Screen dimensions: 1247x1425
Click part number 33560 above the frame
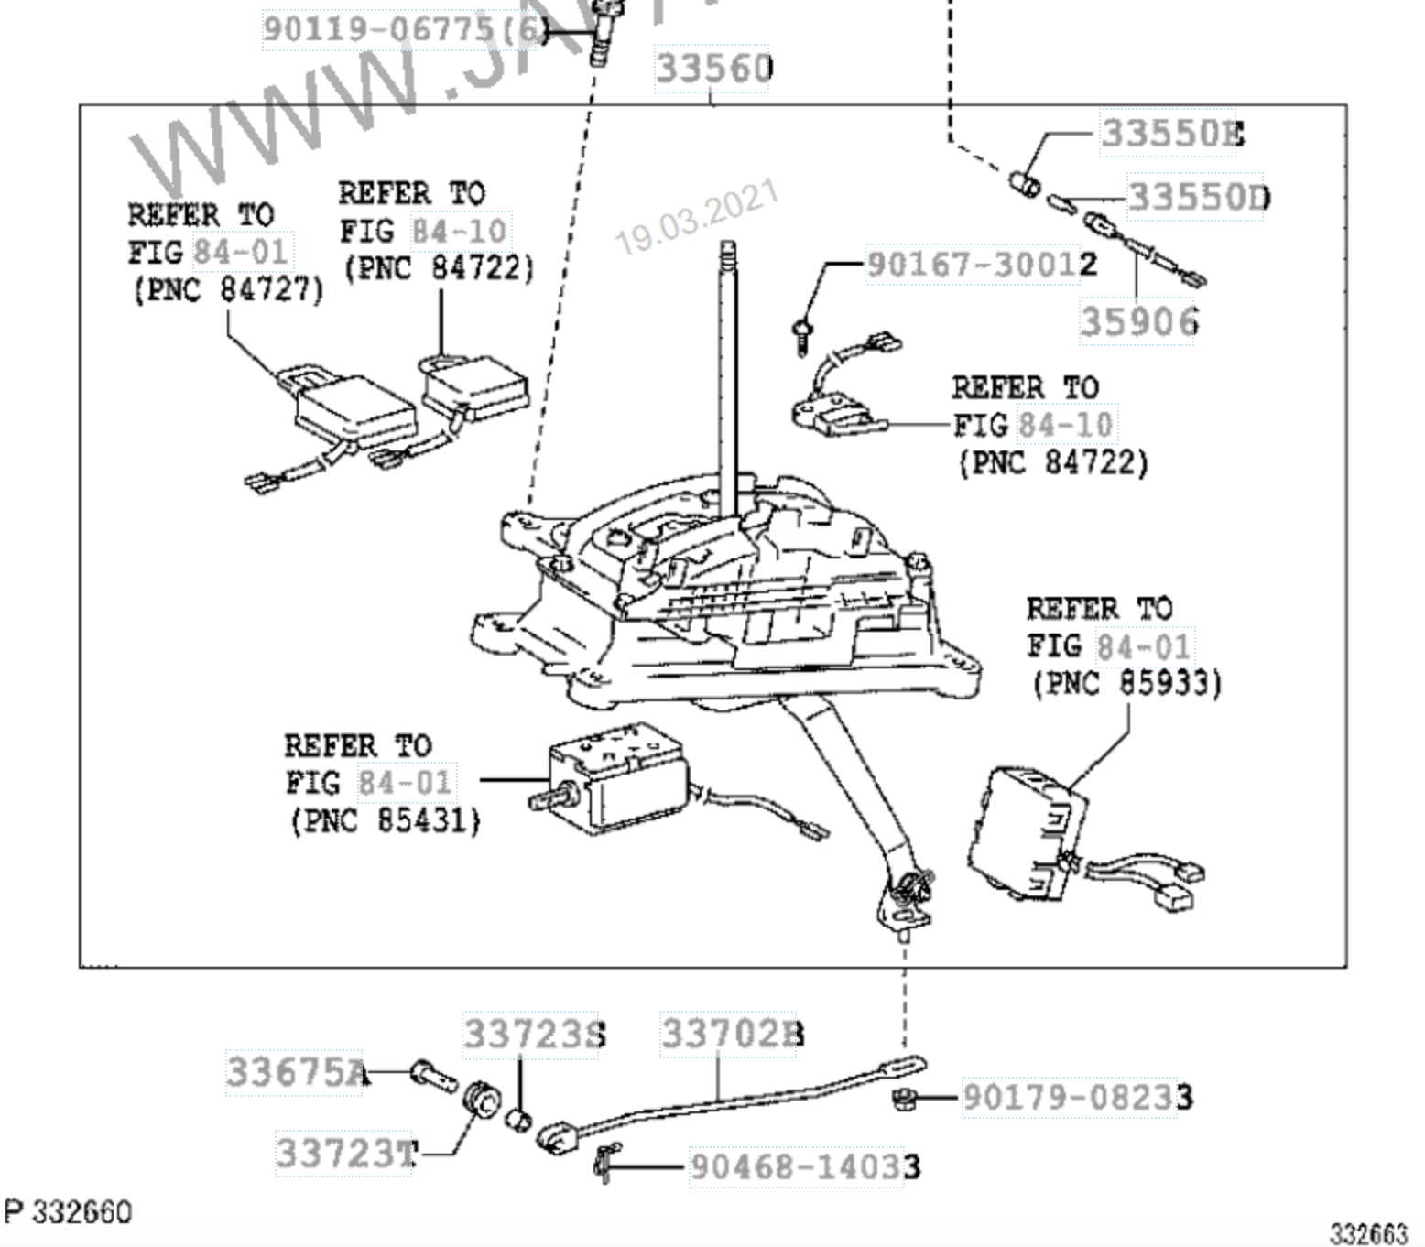click(x=714, y=69)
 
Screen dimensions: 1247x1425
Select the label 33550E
click(x=1172, y=134)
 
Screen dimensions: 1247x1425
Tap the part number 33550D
click(x=1198, y=197)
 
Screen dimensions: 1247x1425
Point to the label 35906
click(x=1138, y=321)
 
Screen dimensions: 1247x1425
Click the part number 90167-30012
click(x=981, y=265)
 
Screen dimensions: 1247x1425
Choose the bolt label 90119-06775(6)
click(x=404, y=29)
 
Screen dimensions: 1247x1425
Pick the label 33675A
click(x=298, y=1071)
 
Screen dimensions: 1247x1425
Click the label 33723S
click(x=534, y=1035)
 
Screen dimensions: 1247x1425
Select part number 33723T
click(x=347, y=1153)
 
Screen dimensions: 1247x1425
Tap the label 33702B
click(x=733, y=1034)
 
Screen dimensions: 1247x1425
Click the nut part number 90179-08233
click(x=1077, y=1097)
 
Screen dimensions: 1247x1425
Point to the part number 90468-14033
click(x=805, y=1166)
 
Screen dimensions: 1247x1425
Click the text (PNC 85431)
click(x=386, y=820)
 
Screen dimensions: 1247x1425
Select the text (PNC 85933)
click(x=1126, y=683)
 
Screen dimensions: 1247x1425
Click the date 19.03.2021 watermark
click(x=696, y=218)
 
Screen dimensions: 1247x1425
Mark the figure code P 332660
click(x=68, y=1212)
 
